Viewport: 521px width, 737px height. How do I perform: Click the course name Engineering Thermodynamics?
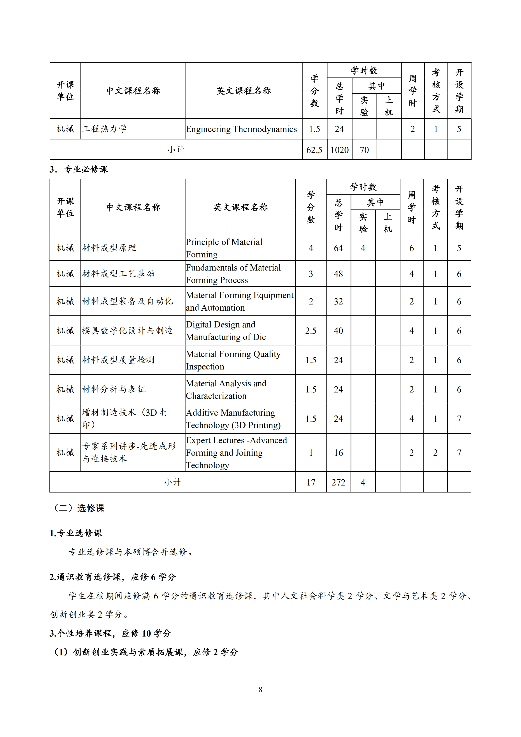coord(241,129)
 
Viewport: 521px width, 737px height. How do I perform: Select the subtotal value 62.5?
coord(314,150)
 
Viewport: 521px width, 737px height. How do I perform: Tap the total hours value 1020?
coord(339,150)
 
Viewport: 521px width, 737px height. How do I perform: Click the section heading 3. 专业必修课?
coord(79,169)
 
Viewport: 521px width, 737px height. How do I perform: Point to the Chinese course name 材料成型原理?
coord(109,248)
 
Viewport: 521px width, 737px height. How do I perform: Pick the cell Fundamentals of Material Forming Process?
coord(233,274)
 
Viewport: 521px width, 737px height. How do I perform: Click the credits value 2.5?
coord(310,331)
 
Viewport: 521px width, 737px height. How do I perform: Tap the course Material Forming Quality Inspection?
coord(233,360)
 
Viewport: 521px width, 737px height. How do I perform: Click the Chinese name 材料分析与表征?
coord(114,389)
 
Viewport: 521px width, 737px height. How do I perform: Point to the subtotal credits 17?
coord(310,482)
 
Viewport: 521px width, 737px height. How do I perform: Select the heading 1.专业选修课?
coord(76,533)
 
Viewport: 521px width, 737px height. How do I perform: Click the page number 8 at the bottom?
coord(260,690)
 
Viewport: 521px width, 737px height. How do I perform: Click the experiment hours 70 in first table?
coord(364,150)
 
